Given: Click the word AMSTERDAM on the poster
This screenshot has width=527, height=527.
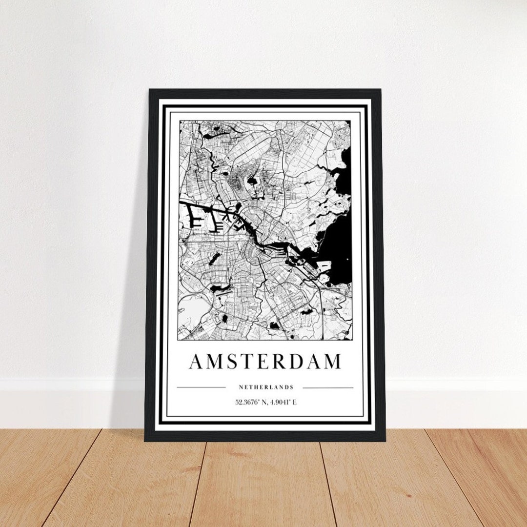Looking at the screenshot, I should pyautogui.click(x=265, y=362).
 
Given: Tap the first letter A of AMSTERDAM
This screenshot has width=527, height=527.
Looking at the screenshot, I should pyautogui.click(x=196, y=362).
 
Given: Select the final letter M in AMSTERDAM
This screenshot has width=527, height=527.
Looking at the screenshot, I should pyautogui.click(x=332, y=362).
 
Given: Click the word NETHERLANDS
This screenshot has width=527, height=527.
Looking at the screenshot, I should pyautogui.click(x=266, y=387).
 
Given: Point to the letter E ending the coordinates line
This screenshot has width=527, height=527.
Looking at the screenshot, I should pyautogui.click(x=294, y=403).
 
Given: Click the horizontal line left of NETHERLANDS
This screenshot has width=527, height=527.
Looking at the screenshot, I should pyautogui.click(x=201, y=388).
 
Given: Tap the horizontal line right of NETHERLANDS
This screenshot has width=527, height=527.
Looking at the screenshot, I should pyautogui.click(x=328, y=388).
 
